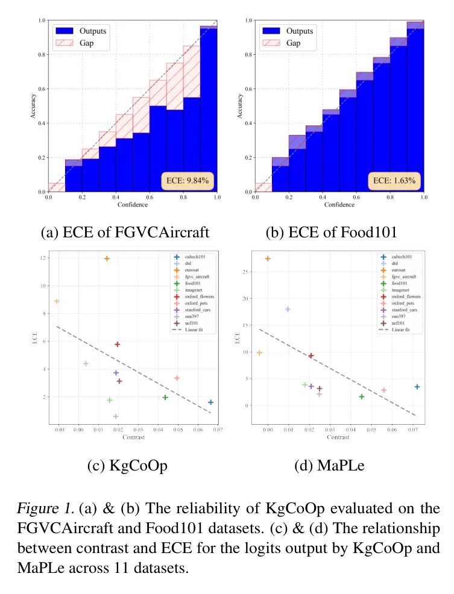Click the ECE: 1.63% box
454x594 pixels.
[x=394, y=180]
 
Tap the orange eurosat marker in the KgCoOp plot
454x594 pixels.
[x=107, y=258]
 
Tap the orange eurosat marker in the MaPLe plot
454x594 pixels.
[x=268, y=258]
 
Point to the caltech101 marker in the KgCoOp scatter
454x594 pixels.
[x=210, y=402]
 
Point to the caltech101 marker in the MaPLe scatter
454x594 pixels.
[x=417, y=387]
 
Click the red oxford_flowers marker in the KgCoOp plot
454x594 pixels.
[x=118, y=345]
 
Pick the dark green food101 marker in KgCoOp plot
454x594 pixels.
[x=165, y=397]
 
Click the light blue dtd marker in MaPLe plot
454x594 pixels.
[x=288, y=309]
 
